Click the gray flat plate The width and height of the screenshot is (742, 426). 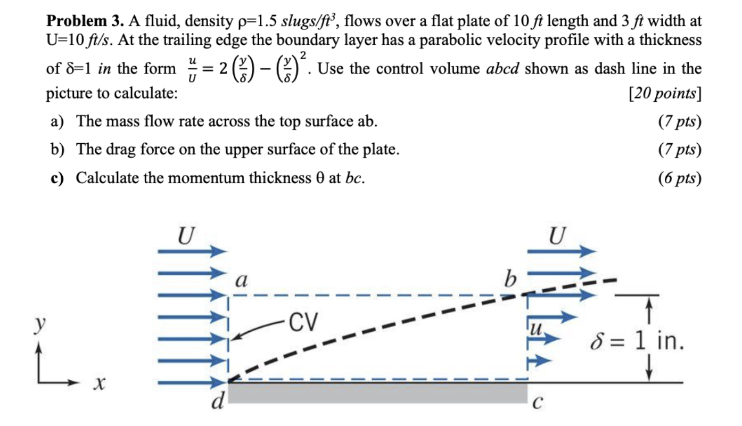click(x=378, y=392)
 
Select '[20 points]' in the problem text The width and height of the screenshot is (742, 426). click(x=665, y=94)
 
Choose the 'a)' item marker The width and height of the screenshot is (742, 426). click(x=57, y=121)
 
